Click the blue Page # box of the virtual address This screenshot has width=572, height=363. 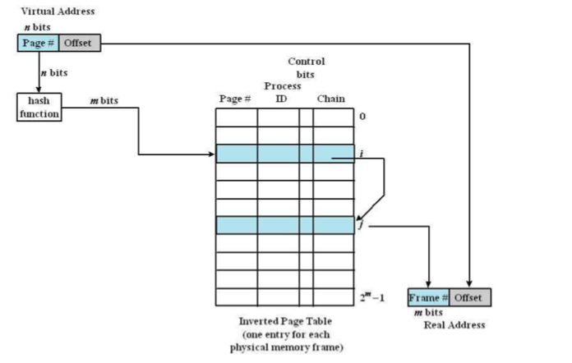[37, 43]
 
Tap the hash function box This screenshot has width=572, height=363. [39, 108]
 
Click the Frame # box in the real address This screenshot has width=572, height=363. [427, 297]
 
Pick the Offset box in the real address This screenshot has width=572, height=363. [471, 297]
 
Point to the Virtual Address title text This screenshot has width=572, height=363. [58, 11]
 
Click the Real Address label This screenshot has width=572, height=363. [454, 325]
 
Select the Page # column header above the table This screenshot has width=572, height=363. [234, 99]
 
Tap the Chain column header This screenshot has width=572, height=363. [330, 99]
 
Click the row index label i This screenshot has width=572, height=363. [362, 153]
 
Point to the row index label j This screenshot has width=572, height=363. [362, 224]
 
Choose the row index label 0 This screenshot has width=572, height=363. [362, 117]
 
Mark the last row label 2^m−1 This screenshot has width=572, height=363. [371, 296]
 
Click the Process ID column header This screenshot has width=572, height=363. [279, 93]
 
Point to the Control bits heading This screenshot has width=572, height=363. [306, 67]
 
